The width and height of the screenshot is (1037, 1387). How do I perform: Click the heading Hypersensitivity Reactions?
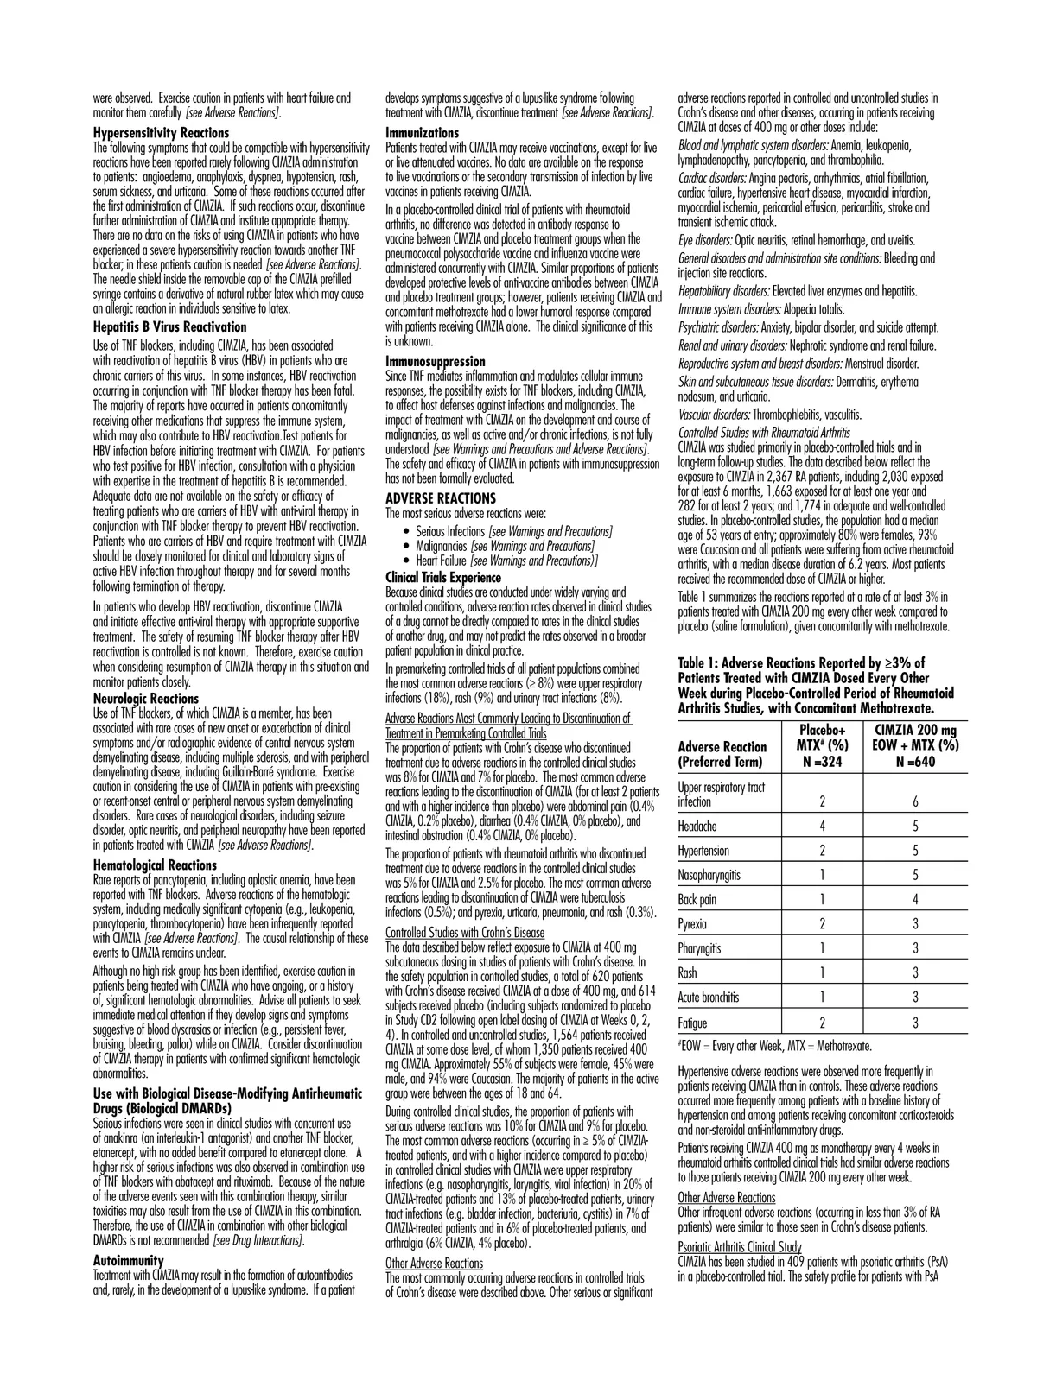pyautogui.click(x=161, y=133)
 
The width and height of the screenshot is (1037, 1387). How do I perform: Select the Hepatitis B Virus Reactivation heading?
pyautogui.click(x=169, y=327)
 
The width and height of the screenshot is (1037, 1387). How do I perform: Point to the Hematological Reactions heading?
pyautogui.click(x=154, y=865)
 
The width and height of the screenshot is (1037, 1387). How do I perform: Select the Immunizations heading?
pyautogui.click(x=422, y=133)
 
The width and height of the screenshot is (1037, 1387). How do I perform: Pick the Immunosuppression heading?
pyautogui.click(x=435, y=362)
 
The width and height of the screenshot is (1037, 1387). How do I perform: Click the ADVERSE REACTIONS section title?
pyautogui.click(x=441, y=498)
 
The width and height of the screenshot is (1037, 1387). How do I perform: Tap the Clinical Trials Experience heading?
pyautogui.click(x=442, y=577)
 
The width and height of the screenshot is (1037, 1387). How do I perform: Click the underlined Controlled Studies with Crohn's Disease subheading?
pyautogui.click(x=465, y=933)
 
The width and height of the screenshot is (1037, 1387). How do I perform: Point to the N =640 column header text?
pyautogui.click(x=915, y=763)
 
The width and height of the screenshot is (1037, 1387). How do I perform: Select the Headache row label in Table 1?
pyautogui.click(x=697, y=826)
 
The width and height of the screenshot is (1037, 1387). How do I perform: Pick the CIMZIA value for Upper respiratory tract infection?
pyautogui.click(x=915, y=802)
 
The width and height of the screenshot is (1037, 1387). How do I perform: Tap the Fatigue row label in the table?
pyautogui.click(x=693, y=1023)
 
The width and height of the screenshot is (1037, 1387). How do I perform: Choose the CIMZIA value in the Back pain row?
pyautogui.click(x=915, y=900)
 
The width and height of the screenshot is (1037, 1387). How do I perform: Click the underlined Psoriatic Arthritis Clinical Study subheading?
pyautogui.click(x=740, y=1247)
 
